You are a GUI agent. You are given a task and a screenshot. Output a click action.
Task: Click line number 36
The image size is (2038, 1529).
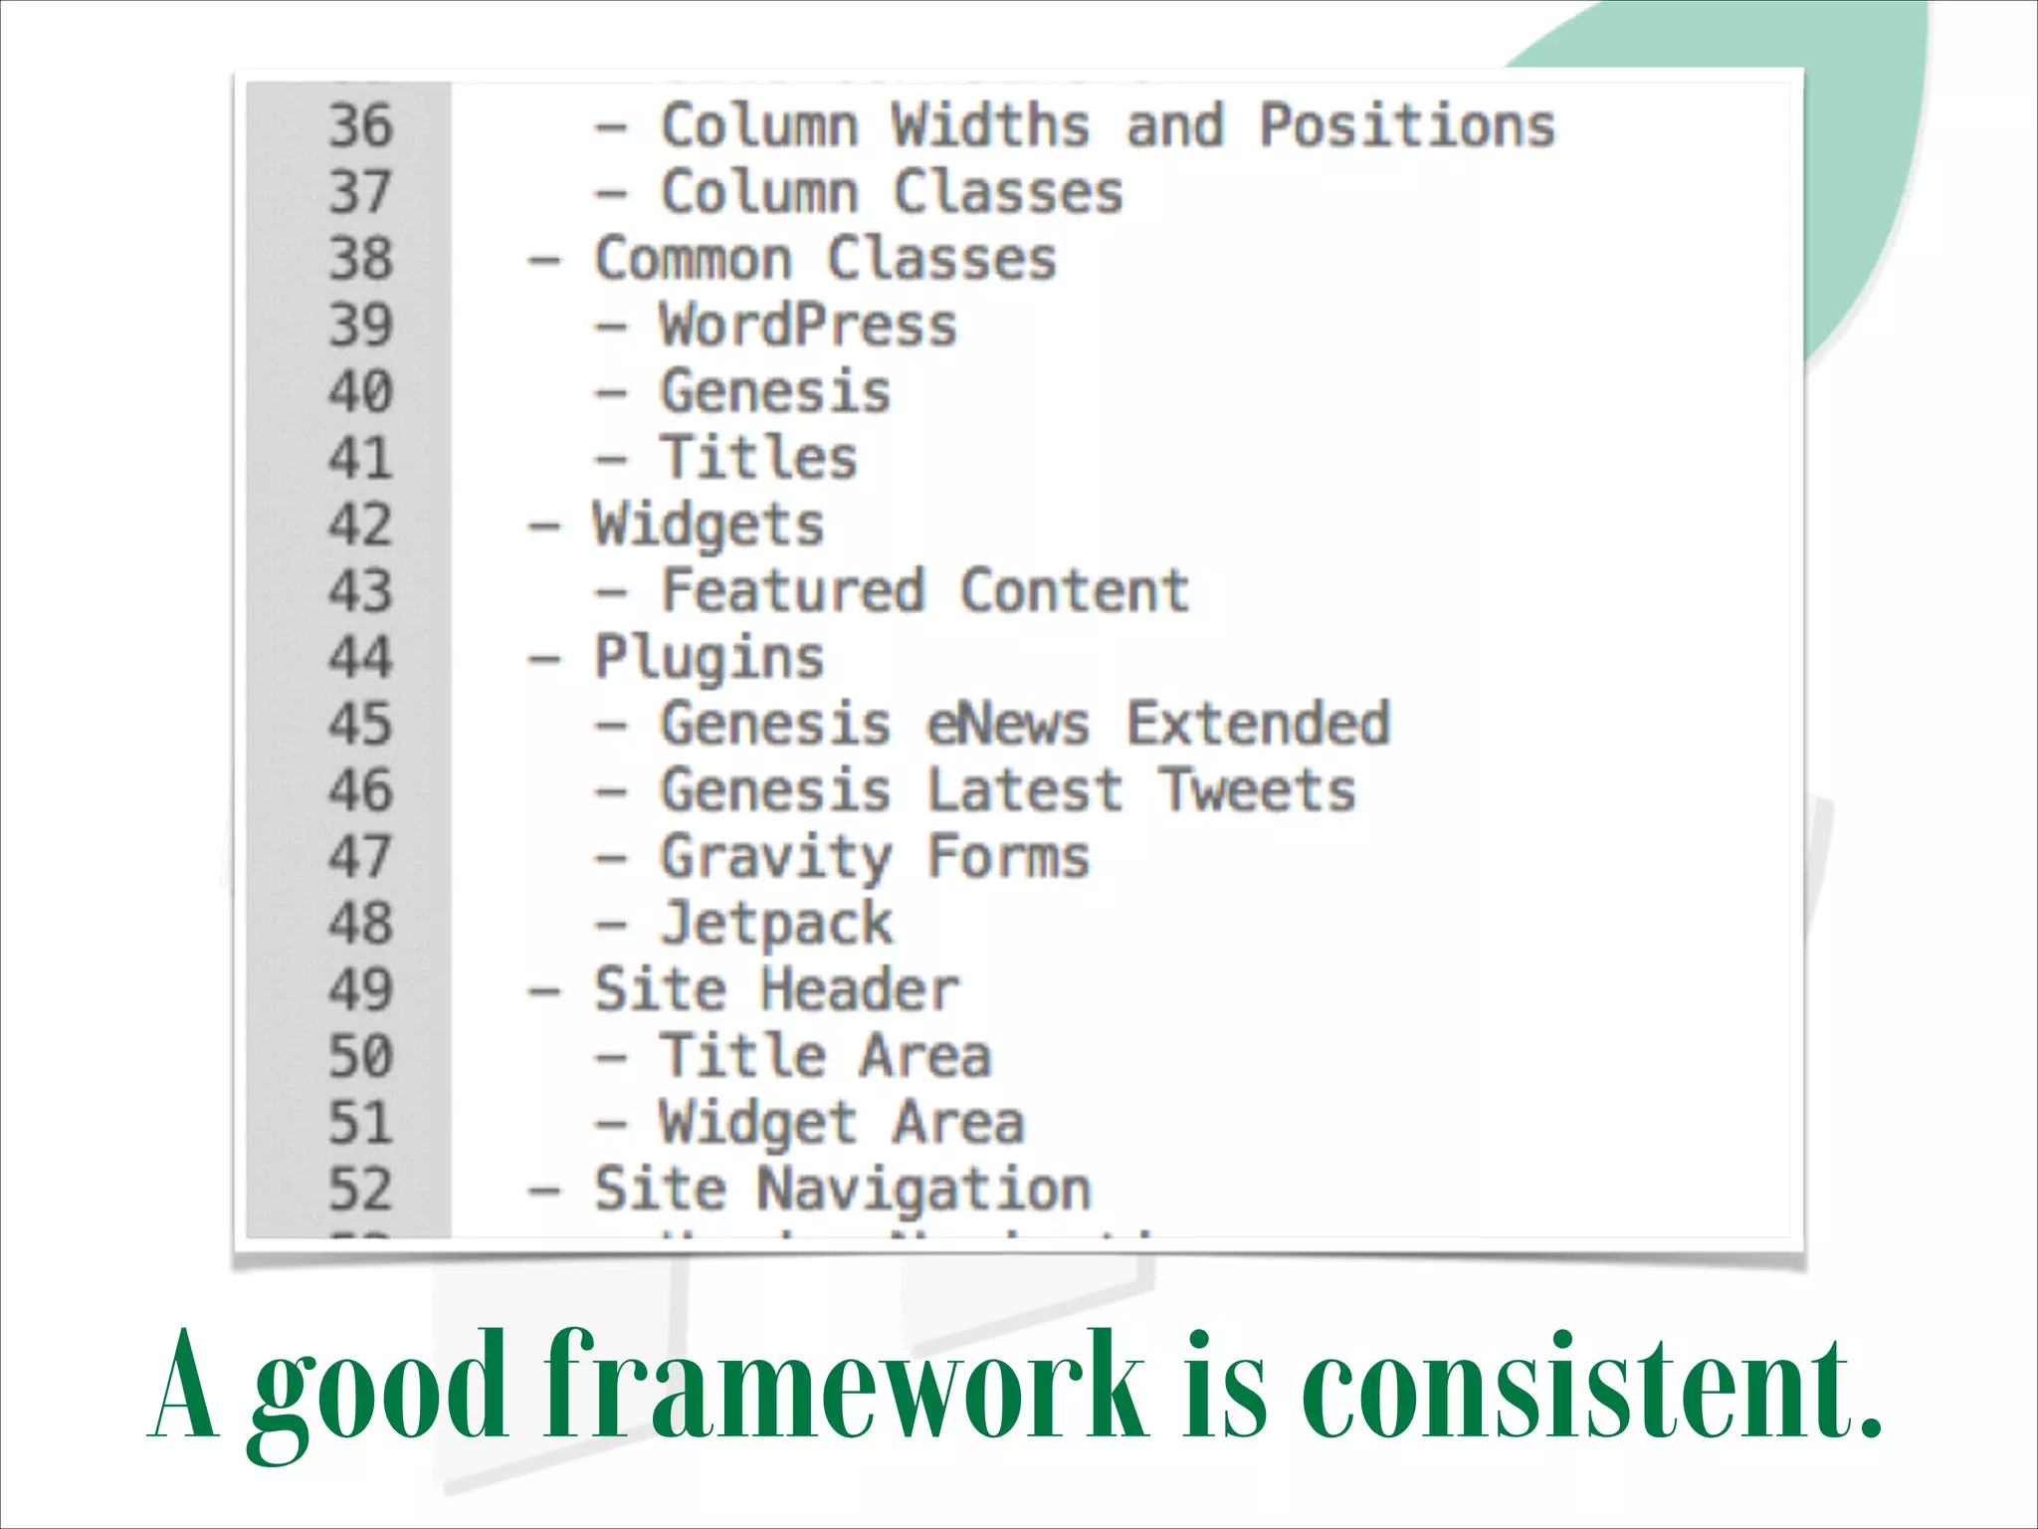(360, 126)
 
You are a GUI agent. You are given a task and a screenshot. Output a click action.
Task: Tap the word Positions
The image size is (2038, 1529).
(1407, 126)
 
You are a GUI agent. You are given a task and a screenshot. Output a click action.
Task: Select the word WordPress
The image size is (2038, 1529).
(808, 326)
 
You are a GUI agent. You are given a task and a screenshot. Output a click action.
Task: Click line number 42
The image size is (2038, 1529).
(360, 525)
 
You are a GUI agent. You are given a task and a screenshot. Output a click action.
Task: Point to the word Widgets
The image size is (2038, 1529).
(709, 526)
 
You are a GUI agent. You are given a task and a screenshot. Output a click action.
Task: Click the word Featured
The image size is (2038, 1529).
(793, 590)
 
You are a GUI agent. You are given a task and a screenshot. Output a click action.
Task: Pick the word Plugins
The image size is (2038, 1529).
(709, 659)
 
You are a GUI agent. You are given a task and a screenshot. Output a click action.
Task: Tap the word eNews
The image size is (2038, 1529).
(1008, 724)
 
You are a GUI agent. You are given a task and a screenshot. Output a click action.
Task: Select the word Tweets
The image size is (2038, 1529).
(1258, 790)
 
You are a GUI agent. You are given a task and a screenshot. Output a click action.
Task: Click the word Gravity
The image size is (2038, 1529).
(776, 858)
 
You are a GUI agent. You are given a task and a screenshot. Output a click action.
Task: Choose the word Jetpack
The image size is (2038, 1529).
(776, 924)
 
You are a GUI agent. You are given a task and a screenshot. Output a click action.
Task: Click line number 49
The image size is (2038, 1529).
(360, 989)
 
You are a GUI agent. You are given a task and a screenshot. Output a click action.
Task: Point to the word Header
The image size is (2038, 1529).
(859, 989)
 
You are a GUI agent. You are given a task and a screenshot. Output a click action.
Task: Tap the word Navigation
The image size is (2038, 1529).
(924, 1190)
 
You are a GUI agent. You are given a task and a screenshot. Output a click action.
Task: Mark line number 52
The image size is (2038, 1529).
(360, 1190)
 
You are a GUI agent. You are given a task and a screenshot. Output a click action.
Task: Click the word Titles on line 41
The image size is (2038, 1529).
(758, 458)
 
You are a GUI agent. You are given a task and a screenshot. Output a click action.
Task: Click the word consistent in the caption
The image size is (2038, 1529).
(1592, 1386)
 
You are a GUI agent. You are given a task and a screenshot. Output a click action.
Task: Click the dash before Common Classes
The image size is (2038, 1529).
(544, 261)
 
